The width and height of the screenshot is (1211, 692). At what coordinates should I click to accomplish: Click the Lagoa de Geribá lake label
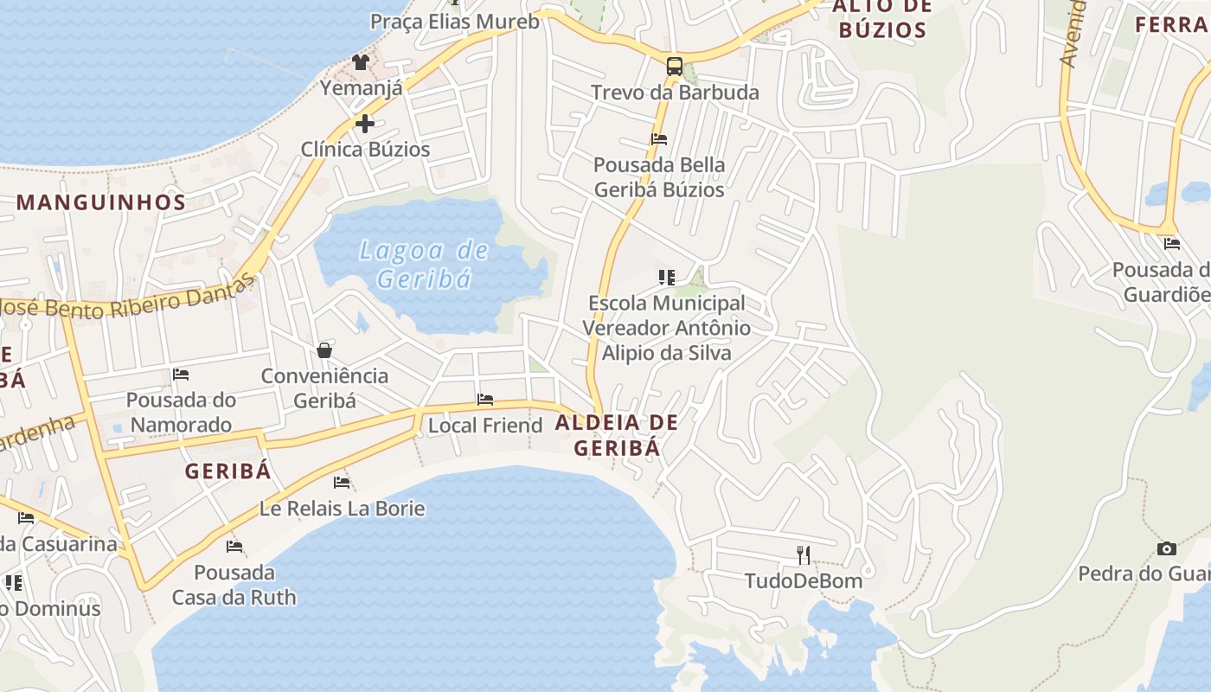pyautogui.click(x=424, y=265)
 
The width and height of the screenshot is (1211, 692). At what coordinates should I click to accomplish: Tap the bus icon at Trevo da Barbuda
pyautogui.click(x=674, y=66)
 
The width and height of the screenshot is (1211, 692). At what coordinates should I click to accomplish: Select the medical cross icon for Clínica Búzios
pyautogui.click(x=365, y=123)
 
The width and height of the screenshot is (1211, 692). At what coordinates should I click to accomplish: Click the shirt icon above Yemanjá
pyautogui.click(x=361, y=62)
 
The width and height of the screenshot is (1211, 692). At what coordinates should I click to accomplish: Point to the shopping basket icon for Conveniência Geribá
pyautogui.click(x=324, y=350)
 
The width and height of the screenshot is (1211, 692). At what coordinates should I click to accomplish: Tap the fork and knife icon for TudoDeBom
pyautogui.click(x=804, y=554)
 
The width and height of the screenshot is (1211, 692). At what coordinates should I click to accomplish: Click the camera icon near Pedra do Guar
pyautogui.click(x=1167, y=548)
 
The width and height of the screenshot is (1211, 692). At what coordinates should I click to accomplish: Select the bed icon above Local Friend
pyautogui.click(x=485, y=400)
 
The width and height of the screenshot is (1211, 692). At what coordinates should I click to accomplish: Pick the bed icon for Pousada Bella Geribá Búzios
pyautogui.click(x=659, y=138)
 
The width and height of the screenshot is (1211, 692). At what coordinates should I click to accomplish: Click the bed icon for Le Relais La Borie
pyautogui.click(x=342, y=483)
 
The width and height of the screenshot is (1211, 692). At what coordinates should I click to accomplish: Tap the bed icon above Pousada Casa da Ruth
pyautogui.click(x=234, y=547)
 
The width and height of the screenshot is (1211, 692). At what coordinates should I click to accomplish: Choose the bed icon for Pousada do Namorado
pyautogui.click(x=181, y=375)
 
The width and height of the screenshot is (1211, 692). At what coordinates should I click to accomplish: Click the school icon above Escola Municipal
pyautogui.click(x=666, y=278)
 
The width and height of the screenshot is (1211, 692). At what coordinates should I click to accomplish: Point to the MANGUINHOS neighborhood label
pyautogui.click(x=101, y=202)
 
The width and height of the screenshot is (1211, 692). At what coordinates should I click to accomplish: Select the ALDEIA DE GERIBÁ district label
pyautogui.click(x=617, y=435)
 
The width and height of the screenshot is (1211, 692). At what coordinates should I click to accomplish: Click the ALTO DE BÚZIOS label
pyautogui.click(x=882, y=19)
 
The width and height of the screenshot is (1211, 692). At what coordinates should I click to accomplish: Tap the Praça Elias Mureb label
pyautogui.click(x=455, y=22)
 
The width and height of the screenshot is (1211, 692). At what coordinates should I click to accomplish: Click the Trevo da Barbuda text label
pyautogui.click(x=675, y=93)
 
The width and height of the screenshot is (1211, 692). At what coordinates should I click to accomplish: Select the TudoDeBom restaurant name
pyautogui.click(x=804, y=580)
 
